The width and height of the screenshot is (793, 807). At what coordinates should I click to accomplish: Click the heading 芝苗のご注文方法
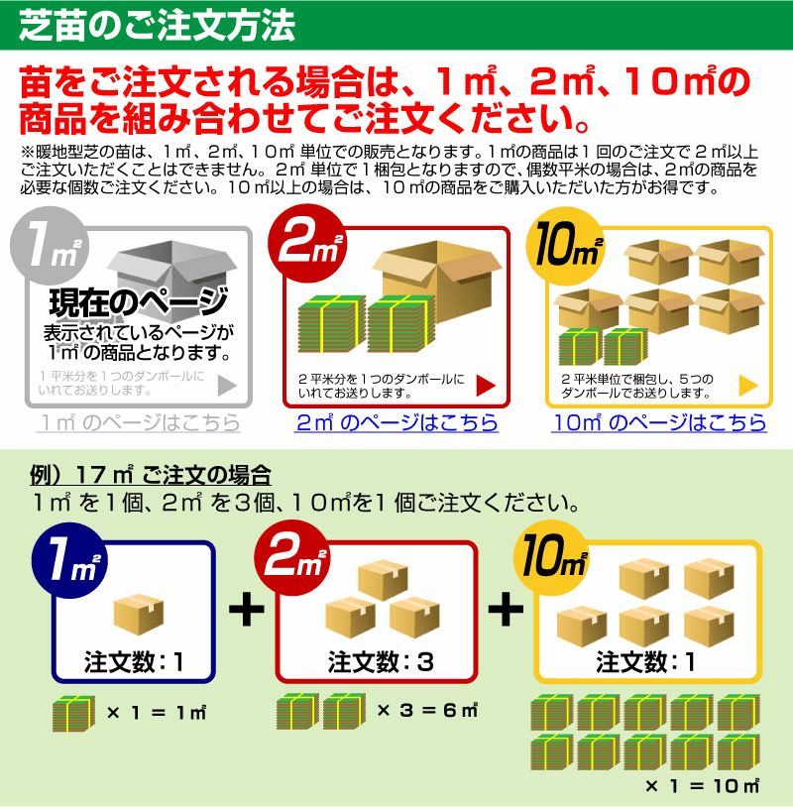pos(157,26)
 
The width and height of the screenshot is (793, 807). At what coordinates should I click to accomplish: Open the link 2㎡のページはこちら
pos(396,422)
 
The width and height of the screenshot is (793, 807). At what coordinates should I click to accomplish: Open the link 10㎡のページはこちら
pos(659,422)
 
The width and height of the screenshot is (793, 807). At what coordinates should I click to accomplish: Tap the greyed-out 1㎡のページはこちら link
pos(139,422)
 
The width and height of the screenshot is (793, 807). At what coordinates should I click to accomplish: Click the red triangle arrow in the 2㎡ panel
pos(486,386)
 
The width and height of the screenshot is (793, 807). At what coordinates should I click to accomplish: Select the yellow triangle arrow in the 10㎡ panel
pos(748,386)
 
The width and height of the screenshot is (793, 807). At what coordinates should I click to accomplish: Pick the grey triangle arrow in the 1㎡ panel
pos(227,386)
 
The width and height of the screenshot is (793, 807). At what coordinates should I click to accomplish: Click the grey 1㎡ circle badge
pos(50,246)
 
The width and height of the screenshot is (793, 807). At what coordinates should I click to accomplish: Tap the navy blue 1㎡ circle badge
pos(70,560)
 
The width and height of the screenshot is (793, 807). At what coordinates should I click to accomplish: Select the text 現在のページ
pos(139,302)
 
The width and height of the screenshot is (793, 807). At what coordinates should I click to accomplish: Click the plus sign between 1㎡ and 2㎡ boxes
pos(247,609)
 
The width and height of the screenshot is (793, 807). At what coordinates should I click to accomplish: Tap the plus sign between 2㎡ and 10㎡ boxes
pos(506,609)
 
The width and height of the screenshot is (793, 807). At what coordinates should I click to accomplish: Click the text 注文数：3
pos(382,661)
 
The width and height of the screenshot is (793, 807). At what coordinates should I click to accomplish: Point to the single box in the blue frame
pos(139,614)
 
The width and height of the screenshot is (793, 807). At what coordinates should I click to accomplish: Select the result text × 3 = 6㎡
pos(427,711)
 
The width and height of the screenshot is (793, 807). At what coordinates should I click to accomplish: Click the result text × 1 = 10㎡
pos(702,785)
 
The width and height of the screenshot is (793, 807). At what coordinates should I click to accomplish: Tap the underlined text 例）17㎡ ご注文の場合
pos(151,475)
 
